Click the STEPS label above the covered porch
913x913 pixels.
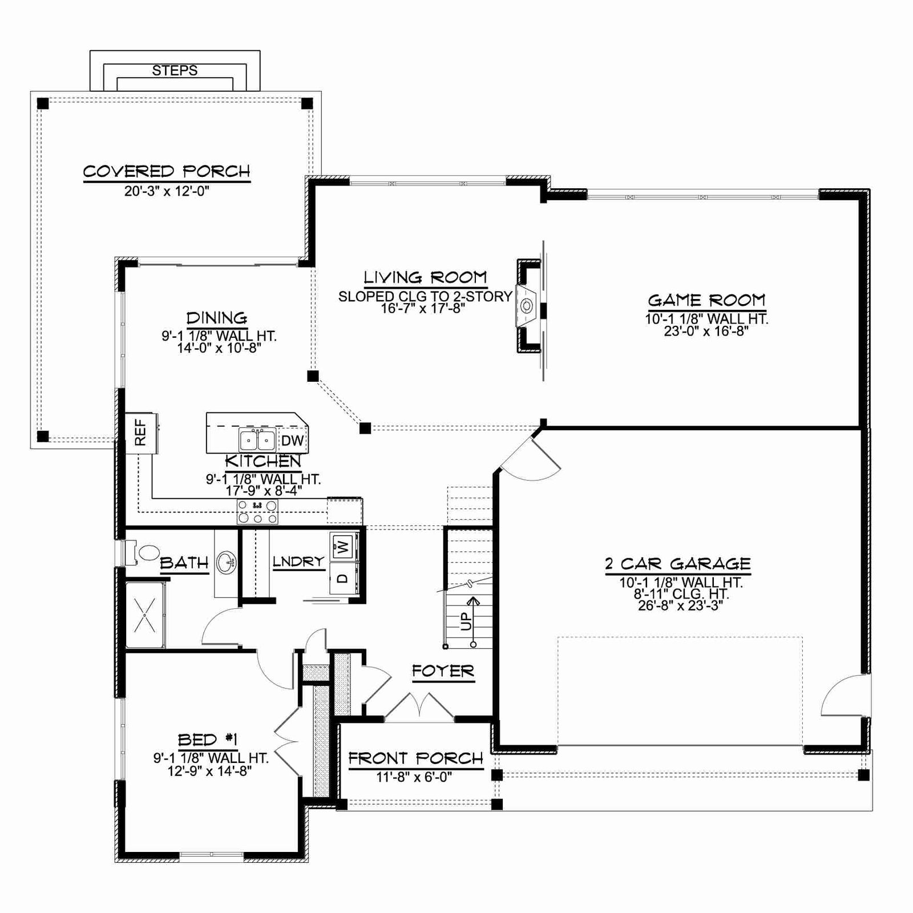coord(175,70)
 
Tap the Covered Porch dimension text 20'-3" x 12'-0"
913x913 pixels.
coord(167,191)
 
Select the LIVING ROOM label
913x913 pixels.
coord(426,278)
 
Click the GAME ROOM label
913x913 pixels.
coord(706,300)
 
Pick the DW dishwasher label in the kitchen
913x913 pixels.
coord(293,441)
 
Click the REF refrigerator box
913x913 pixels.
coord(140,433)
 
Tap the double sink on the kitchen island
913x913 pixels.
coord(257,440)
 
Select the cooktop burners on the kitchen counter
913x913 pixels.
coord(257,511)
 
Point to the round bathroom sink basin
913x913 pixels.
coord(227,563)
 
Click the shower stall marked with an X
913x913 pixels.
coord(145,615)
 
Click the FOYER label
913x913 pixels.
coord(443,671)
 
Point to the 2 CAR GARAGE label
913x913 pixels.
coord(678,564)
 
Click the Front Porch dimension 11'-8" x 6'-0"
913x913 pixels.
coord(414,777)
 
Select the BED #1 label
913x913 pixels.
coord(208,740)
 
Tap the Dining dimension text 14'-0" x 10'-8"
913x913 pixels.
coord(219,348)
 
